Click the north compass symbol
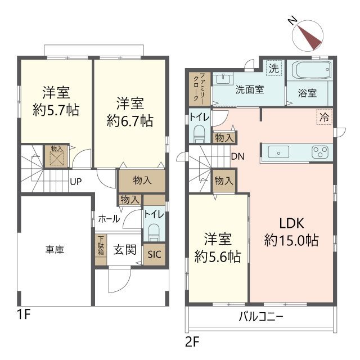coord(306,34)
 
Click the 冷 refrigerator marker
coord(324,118)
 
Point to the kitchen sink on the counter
coord(279,152)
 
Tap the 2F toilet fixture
coord(199,134)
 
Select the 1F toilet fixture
coord(154,231)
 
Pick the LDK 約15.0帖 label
coord(291,231)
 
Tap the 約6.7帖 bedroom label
coord(130,111)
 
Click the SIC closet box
coord(154,254)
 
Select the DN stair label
coord(237,156)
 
